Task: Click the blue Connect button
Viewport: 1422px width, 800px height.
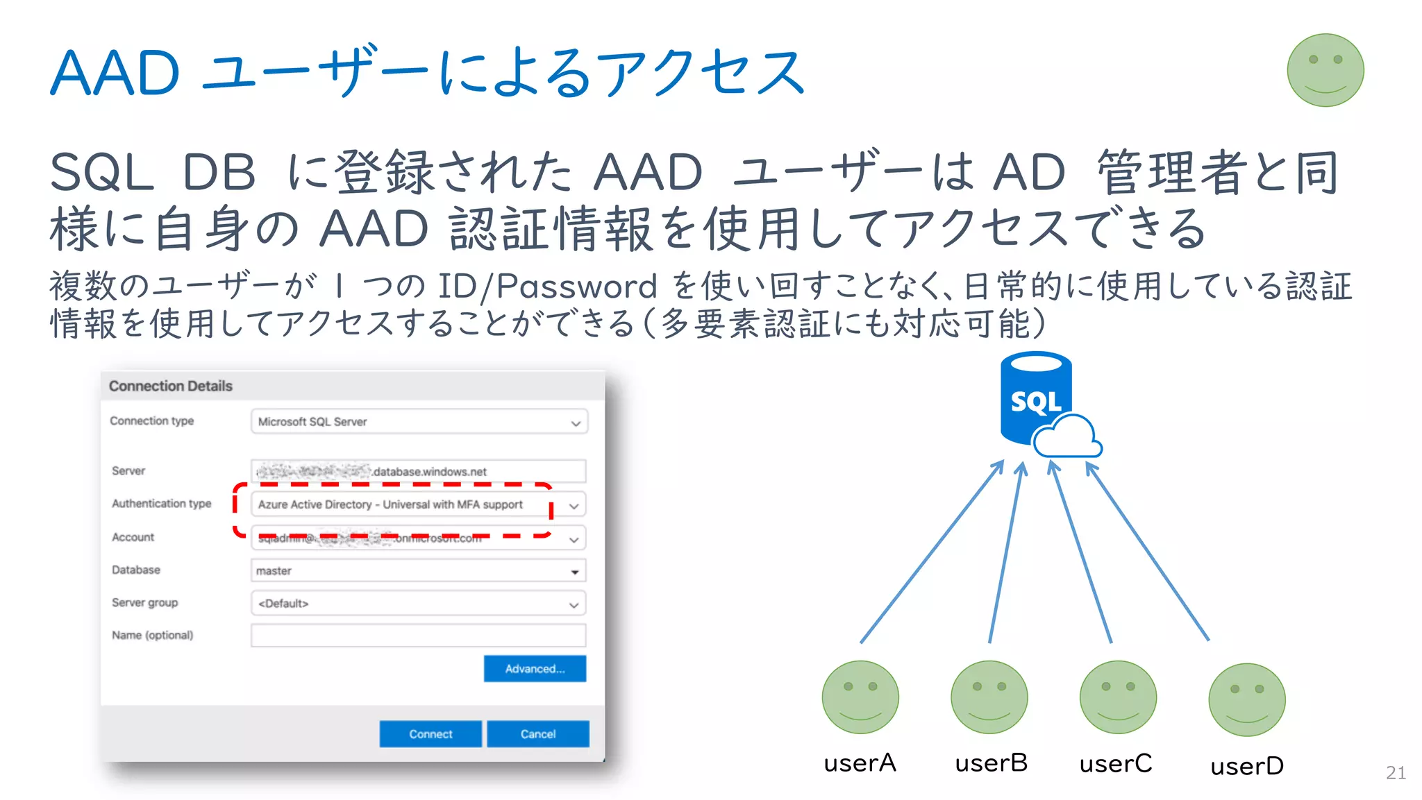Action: coord(430,733)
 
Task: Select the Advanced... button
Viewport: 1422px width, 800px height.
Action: coord(535,669)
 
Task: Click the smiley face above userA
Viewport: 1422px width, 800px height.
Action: coord(860,697)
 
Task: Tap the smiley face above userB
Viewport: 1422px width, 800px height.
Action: coord(989,697)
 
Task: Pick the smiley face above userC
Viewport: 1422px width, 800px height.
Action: coord(1118,697)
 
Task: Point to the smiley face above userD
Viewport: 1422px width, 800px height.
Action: coord(1246,699)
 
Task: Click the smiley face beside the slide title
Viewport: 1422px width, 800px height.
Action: coord(1325,70)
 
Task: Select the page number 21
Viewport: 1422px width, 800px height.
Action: coord(1396,772)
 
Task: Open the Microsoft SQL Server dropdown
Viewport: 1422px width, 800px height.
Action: coord(419,422)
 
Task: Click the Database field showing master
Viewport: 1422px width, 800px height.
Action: coord(418,571)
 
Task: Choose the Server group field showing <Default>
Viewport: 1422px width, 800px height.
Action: coord(418,604)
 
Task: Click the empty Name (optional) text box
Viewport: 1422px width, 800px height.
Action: coord(418,636)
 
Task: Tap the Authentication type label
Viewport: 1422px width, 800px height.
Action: coord(161,504)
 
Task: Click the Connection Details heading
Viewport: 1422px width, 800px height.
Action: coord(170,386)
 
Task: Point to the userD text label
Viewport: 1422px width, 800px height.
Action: coord(1247,766)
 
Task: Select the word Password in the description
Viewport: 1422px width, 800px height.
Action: coord(576,286)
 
